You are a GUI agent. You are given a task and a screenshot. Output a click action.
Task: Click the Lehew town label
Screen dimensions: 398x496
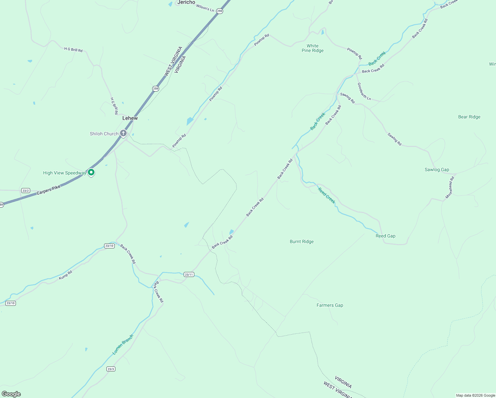[130, 118]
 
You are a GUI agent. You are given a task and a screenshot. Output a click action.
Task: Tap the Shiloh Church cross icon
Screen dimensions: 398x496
[123, 133]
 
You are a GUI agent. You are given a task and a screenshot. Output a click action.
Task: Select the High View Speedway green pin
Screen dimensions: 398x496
[91, 172]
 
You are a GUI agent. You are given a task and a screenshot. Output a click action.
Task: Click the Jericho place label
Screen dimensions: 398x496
[186, 2]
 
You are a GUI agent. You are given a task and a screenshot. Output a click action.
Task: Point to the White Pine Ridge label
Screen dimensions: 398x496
[312, 48]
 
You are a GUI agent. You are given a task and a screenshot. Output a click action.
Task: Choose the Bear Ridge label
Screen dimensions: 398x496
[469, 117]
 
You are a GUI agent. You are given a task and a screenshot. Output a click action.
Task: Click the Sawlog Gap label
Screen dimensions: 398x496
[437, 169]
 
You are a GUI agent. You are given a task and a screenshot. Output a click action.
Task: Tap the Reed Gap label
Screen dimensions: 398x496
[385, 236]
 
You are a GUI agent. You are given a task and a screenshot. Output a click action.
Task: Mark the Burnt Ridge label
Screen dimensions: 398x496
[301, 241]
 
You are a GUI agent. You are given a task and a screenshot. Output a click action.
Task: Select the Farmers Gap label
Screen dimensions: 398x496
[330, 305]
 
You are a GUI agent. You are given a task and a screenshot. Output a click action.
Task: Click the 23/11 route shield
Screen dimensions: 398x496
[189, 275]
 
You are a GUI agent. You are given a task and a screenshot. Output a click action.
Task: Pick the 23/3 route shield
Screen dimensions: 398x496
[111, 369]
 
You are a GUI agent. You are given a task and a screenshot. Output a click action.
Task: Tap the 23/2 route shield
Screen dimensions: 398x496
[26, 191]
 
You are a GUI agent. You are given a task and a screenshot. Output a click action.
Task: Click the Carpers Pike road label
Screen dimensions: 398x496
[48, 190]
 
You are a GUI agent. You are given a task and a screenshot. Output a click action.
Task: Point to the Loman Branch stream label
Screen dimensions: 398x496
[123, 345]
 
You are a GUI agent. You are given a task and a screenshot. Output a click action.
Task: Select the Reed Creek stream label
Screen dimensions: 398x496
[327, 195]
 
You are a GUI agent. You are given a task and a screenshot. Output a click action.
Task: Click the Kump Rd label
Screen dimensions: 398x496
[65, 275]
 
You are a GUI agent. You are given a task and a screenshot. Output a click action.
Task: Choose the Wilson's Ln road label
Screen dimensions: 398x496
[205, 8]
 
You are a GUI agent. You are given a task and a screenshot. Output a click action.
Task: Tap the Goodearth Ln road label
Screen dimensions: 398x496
[364, 91]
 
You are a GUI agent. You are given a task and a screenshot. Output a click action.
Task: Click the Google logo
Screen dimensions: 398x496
[11, 394]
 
